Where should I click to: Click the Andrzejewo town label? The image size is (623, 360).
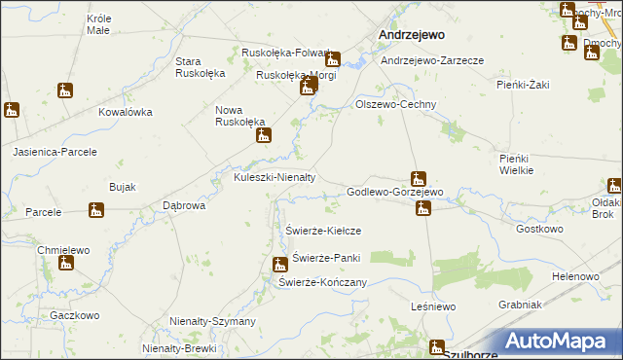point(411,34)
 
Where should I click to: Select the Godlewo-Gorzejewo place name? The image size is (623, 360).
point(395,193)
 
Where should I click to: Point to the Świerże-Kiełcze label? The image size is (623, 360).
point(324,231)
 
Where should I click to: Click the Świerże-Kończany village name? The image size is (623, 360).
point(322,282)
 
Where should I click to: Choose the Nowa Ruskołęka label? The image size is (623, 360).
point(240,116)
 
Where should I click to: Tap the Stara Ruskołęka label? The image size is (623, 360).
point(200,67)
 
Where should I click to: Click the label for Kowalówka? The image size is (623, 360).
point(126,112)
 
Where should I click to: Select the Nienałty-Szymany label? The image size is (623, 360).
point(212,321)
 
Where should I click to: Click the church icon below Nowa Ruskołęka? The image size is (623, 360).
point(263,136)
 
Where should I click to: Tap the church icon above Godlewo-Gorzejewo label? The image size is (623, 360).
point(419,178)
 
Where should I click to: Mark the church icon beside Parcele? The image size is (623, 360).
point(95,209)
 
